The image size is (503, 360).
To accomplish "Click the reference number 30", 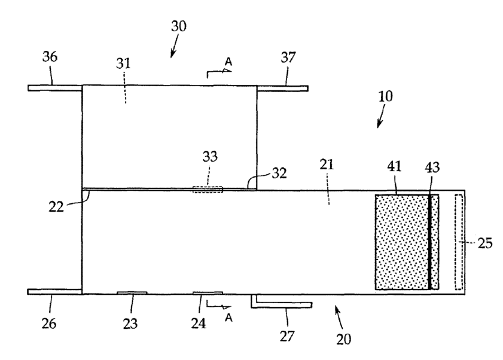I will click(x=178, y=26).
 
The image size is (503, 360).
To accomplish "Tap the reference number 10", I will click(x=385, y=97).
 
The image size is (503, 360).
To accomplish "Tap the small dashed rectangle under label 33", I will click(x=207, y=190).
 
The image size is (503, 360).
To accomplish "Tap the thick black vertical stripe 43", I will click(x=429, y=242).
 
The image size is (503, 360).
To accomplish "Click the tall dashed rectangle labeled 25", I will click(x=459, y=242).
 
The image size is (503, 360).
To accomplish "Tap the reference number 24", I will click(x=199, y=324).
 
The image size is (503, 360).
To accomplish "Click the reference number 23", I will click(x=130, y=324).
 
